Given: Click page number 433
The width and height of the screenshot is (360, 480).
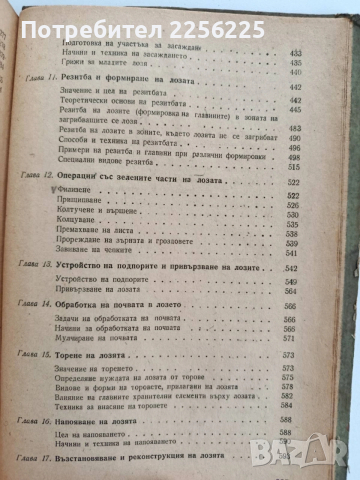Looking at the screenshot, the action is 294,49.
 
